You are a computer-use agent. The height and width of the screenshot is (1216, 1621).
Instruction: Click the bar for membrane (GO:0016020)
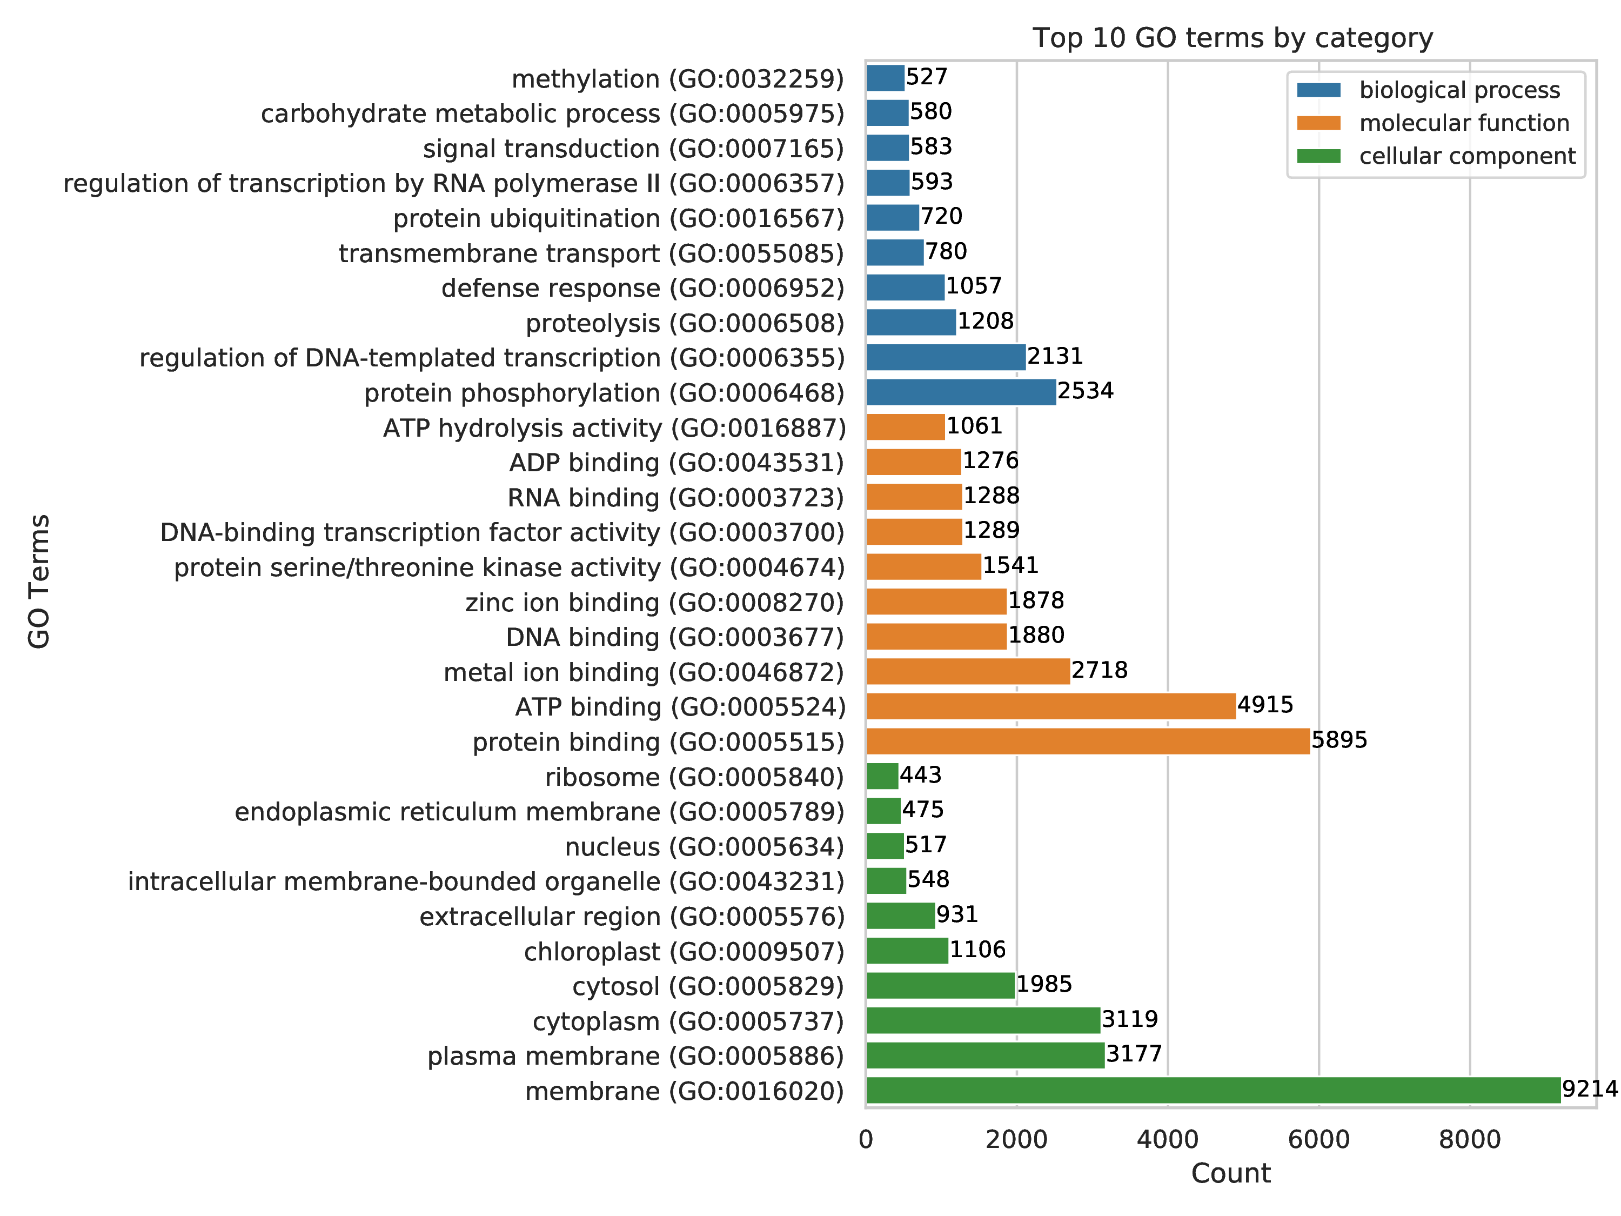[1213, 1091]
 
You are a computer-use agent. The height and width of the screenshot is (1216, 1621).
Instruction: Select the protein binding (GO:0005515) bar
[1088, 741]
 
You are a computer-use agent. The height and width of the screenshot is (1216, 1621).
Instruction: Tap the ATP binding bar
[1051, 706]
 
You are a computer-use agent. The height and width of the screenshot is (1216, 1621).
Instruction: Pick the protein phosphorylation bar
[961, 392]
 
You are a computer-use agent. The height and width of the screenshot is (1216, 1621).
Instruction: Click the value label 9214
[1590, 1088]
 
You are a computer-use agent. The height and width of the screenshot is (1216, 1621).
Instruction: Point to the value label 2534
[1086, 391]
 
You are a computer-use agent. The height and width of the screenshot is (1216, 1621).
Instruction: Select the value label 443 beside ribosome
[920, 775]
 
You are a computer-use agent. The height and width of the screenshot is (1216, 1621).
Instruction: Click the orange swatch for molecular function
[1318, 123]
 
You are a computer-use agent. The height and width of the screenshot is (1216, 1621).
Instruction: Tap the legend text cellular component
[1467, 156]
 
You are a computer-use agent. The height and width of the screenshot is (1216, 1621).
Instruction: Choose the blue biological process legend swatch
[1318, 90]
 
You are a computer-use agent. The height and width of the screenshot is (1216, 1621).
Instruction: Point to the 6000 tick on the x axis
[1318, 1140]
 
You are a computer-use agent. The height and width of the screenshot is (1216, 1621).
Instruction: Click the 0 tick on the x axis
[866, 1140]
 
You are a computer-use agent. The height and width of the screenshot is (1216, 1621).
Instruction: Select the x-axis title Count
[1230, 1173]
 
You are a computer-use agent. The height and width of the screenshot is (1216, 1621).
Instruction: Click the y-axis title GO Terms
[39, 581]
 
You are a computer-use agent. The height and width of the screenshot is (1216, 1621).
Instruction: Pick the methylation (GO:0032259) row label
[678, 78]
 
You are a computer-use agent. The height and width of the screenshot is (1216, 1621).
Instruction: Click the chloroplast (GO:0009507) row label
[684, 951]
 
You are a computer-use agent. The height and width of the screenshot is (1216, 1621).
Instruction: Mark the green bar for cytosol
[940, 986]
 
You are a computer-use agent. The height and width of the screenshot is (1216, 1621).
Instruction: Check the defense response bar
[905, 288]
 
